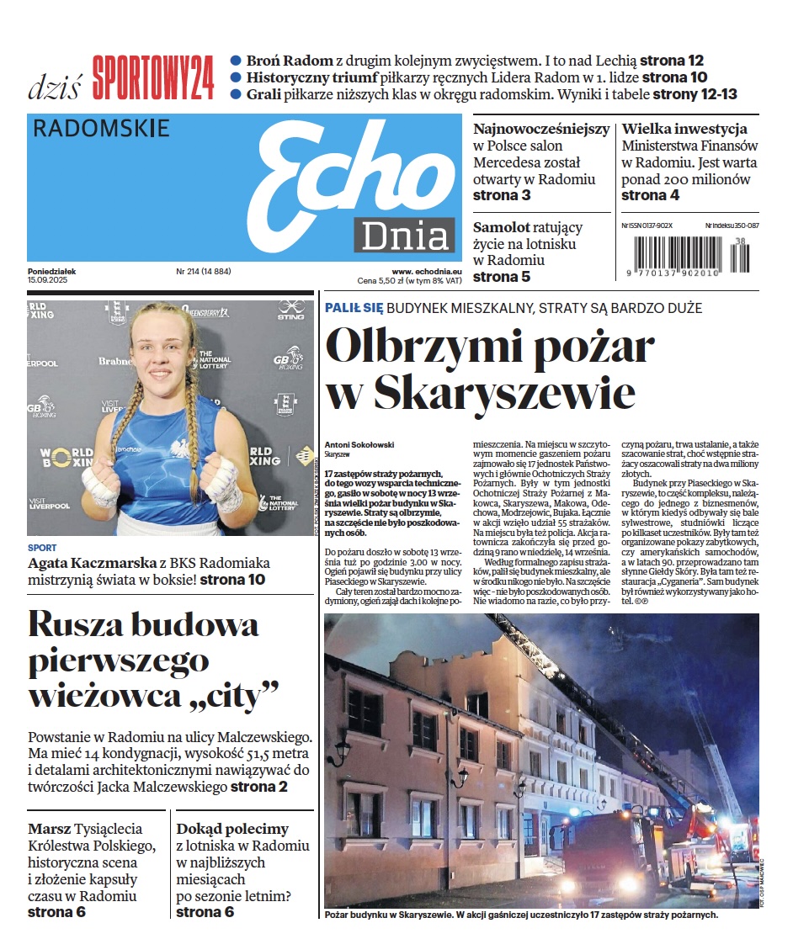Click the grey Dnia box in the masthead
click(404, 235)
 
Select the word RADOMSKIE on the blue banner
click(101, 128)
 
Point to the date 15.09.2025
click(47, 280)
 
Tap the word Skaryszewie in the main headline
click(503, 392)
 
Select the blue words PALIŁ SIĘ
click(354, 309)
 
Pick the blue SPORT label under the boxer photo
click(42, 548)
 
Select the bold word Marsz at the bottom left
click(49, 829)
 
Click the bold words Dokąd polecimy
click(232, 829)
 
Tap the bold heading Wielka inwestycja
click(684, 129)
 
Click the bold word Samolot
click(502, 227)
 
